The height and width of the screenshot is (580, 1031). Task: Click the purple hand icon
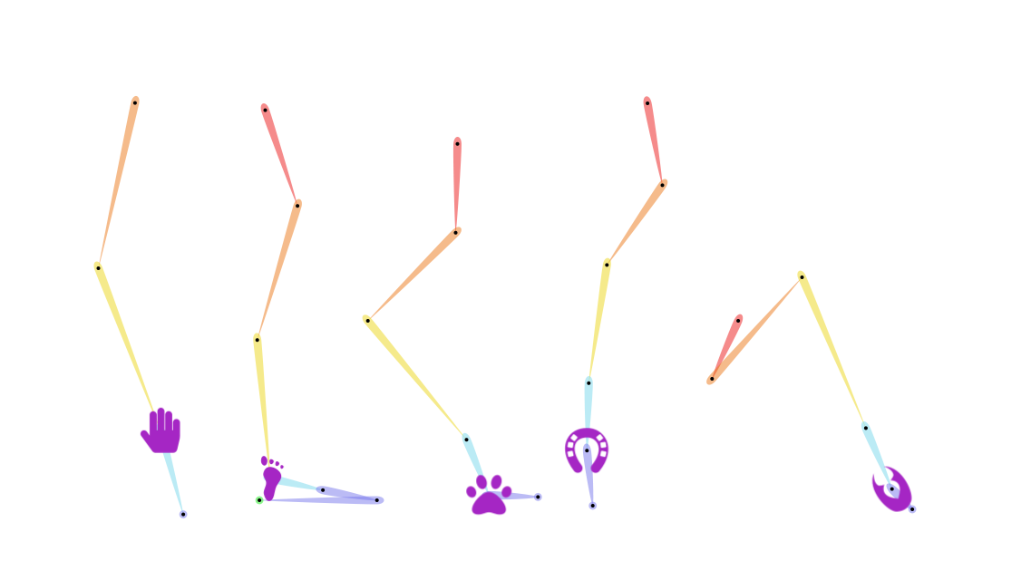click(162, 430)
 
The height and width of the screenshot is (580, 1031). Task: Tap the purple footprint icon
click(270, 478)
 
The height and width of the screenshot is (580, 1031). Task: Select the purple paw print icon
click(490, 497)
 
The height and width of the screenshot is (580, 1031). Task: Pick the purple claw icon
click(890, 491)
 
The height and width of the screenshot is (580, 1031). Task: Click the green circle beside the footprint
click(259, 499)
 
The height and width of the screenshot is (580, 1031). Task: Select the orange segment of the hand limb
click(117, 181)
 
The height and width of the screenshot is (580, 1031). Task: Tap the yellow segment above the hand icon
click(125, 337)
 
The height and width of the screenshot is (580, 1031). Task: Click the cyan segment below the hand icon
click(173, 480)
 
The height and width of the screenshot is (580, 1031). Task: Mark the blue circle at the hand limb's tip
click(183, 514)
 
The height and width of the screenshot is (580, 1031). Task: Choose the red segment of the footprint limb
click(279, 152)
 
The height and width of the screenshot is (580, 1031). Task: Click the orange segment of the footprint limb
click(277, 270)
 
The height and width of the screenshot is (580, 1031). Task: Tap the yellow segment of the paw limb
click(413, 375)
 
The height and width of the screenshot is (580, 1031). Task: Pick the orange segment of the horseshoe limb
click(636, 222)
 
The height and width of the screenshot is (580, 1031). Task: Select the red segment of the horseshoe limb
click(654, 138)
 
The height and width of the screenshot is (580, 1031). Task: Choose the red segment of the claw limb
click(727, 344)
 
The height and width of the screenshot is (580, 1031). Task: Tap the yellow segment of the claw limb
click(832, 348)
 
